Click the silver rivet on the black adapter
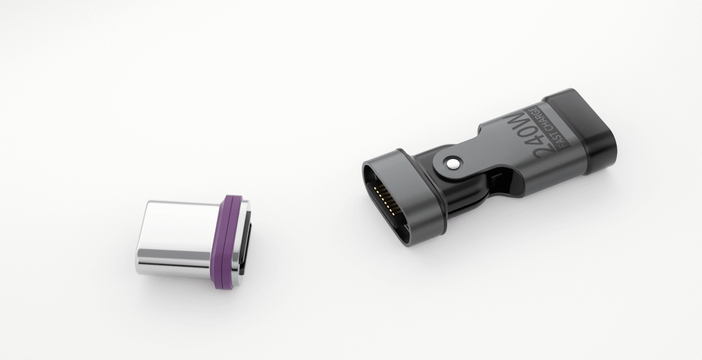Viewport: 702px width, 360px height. click(453, 163)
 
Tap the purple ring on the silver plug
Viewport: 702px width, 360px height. click(227, 242)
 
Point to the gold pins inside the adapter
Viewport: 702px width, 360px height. click(386, 200)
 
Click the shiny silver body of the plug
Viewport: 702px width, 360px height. click(178, 238)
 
